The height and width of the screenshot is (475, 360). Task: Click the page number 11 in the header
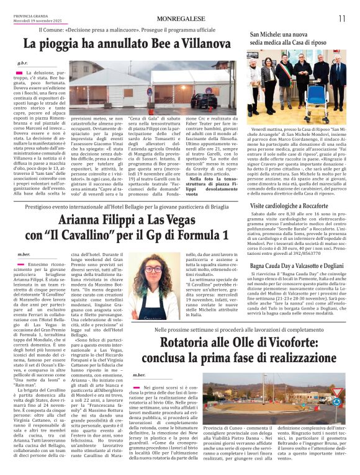[342, 19]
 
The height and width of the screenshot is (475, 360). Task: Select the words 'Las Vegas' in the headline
[184, 219]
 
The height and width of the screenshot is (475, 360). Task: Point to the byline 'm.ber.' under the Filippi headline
[24, 254]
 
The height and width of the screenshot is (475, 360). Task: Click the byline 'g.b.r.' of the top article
[24, 63]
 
